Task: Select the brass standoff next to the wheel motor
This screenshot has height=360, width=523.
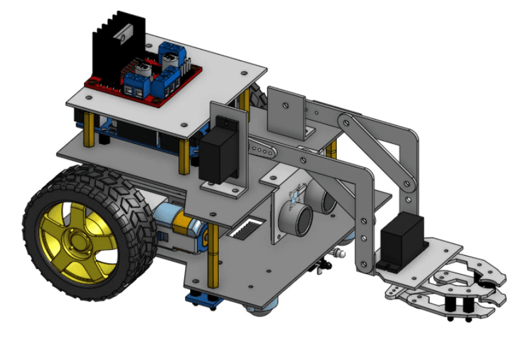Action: (212, 260)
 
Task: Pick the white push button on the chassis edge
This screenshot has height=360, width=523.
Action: (337, 252)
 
